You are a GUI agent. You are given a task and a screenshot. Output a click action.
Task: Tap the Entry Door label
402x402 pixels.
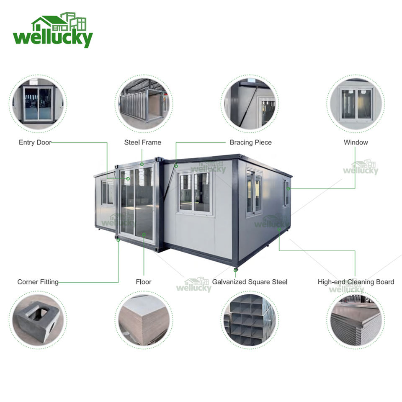(35, 142)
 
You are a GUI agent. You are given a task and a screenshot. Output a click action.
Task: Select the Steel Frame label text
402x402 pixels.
(142, 142)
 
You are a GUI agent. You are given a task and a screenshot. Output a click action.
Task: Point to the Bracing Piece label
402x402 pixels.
(250, 142)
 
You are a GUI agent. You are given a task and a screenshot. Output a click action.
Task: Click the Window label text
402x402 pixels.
(356, 142)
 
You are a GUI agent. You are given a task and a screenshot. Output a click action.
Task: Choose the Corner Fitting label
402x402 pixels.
(38, 282)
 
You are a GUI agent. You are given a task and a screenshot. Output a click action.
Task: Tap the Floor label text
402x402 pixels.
(143, 282)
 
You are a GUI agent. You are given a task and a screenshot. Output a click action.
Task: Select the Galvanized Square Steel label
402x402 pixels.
(250, 282)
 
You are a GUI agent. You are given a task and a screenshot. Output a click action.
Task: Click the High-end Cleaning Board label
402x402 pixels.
(356, 282)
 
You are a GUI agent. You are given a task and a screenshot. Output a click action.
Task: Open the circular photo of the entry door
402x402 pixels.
(38, 104)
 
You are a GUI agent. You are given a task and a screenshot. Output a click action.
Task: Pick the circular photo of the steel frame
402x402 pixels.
(144, 104)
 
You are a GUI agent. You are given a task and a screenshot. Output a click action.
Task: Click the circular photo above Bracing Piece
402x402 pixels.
(250, 104)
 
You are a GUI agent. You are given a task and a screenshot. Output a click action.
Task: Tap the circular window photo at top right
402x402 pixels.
(356, 104)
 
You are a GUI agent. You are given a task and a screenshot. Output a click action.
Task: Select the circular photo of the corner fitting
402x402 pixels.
(38, 320)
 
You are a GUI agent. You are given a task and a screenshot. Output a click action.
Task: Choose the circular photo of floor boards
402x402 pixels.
(144, 320)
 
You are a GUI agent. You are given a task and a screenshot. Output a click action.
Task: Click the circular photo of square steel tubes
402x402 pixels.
(250, 320)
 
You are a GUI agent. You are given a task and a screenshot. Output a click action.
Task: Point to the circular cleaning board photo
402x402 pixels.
(356, 320)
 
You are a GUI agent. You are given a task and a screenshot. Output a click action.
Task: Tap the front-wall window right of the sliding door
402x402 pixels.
(195, 192)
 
